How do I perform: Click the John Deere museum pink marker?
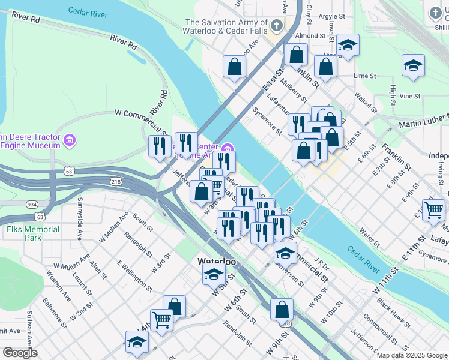click(70, 140)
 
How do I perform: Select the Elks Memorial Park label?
click(33, 233)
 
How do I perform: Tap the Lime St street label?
click(364, 76)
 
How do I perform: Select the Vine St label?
click(410, 96)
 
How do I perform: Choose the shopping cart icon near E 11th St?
click(433, 211)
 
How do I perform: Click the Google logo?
click(20, 353)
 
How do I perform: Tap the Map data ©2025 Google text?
click(412, 355)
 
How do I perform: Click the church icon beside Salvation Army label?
click(276, 25)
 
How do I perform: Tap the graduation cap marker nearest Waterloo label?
click(214, 274)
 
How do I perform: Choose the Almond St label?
click(310, 36)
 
